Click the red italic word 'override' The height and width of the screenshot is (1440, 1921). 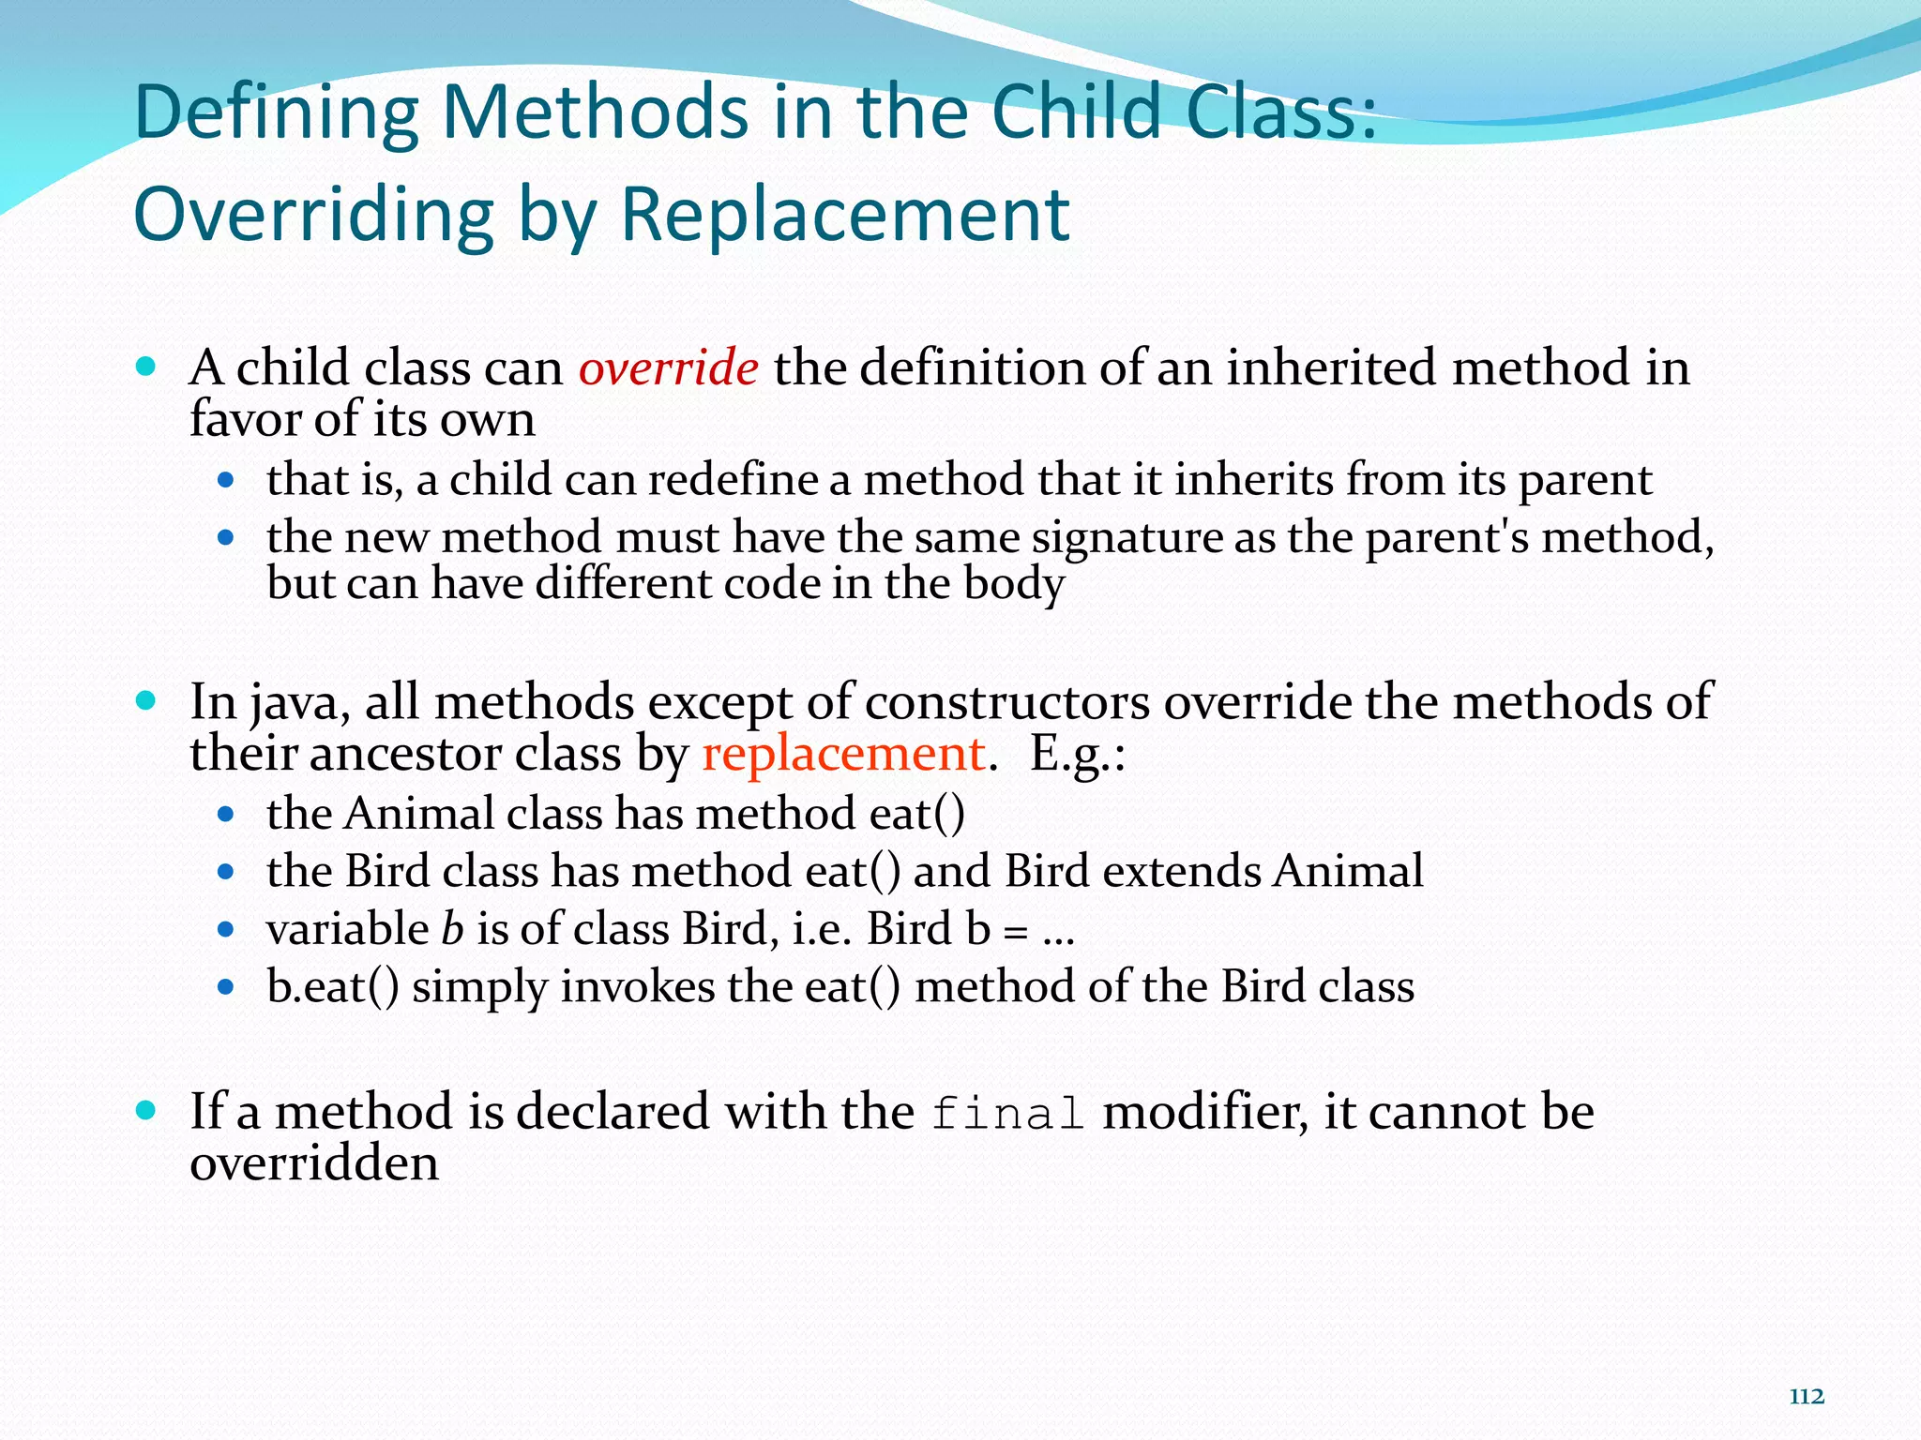(x=668, y=368)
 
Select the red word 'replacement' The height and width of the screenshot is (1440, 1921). (x=843, y=755)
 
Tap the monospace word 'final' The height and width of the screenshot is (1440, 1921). (x=1008, y=1114)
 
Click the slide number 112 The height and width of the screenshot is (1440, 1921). (x=1806, y=1397)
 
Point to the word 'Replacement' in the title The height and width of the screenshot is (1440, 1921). (x=844, y=214)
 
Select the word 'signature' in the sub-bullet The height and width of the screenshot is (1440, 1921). (x=1127, y=539)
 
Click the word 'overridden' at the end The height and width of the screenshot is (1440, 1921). (x=314, y=1163)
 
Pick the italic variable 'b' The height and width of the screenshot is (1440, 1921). (x=452, y=929)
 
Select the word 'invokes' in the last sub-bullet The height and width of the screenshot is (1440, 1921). (x=638, y=987)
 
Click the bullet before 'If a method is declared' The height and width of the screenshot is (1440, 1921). (x=145, y=1111)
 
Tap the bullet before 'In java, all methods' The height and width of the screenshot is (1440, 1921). (x=145, y=701)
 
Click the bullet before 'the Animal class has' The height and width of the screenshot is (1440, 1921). (x=225, y=814)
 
